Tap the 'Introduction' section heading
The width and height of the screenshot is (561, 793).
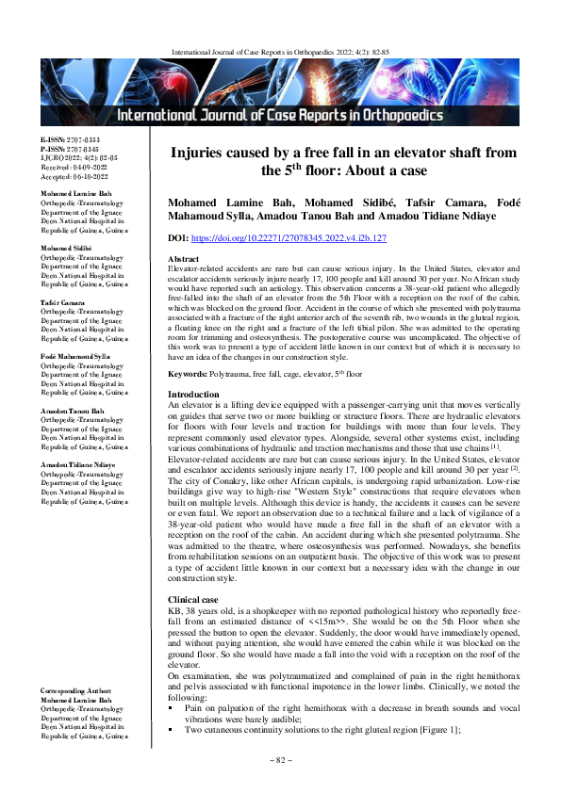click(193, 420)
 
